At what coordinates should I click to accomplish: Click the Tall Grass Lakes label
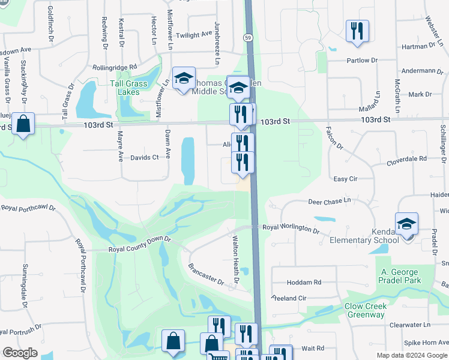129,88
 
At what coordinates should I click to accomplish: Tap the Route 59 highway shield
247,38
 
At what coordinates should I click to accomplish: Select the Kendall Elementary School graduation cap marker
407,224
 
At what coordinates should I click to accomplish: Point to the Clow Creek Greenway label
365,310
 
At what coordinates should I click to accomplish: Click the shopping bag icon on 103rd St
23,124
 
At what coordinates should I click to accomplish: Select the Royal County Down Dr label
140,248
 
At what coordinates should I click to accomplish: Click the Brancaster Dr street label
206,274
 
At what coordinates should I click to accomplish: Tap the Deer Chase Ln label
330,203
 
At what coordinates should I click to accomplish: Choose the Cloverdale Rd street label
406,159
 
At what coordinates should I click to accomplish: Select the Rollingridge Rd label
115,68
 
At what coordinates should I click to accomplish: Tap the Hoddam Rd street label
304,282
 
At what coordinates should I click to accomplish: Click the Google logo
20,353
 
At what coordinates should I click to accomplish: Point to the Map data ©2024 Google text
412,355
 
